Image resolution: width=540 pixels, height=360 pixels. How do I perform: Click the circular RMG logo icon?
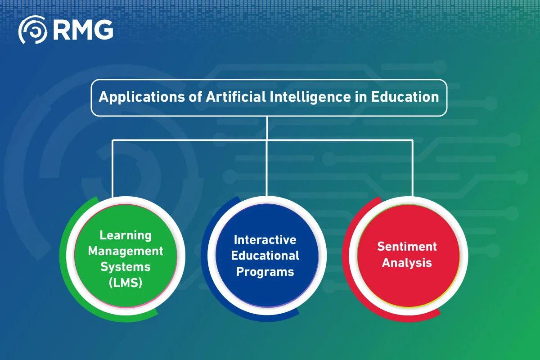(32, 30)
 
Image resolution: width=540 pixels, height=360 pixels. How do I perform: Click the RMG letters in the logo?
(83, 30)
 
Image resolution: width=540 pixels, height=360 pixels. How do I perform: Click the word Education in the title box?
(405, 97)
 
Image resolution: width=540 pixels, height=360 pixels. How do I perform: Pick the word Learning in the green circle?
(126, 235)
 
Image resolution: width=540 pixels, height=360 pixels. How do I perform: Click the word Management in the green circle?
(126, 251)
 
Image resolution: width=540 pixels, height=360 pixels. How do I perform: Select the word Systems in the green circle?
(126, 267)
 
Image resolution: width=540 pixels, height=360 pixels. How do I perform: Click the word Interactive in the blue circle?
(265, 239)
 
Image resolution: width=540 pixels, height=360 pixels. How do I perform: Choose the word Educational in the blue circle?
(265, 256)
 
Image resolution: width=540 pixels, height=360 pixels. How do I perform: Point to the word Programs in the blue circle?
(265, 272)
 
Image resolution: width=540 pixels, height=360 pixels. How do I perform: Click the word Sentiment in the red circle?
(407, 246)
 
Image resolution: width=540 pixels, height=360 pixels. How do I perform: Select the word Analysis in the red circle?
(407, 262)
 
